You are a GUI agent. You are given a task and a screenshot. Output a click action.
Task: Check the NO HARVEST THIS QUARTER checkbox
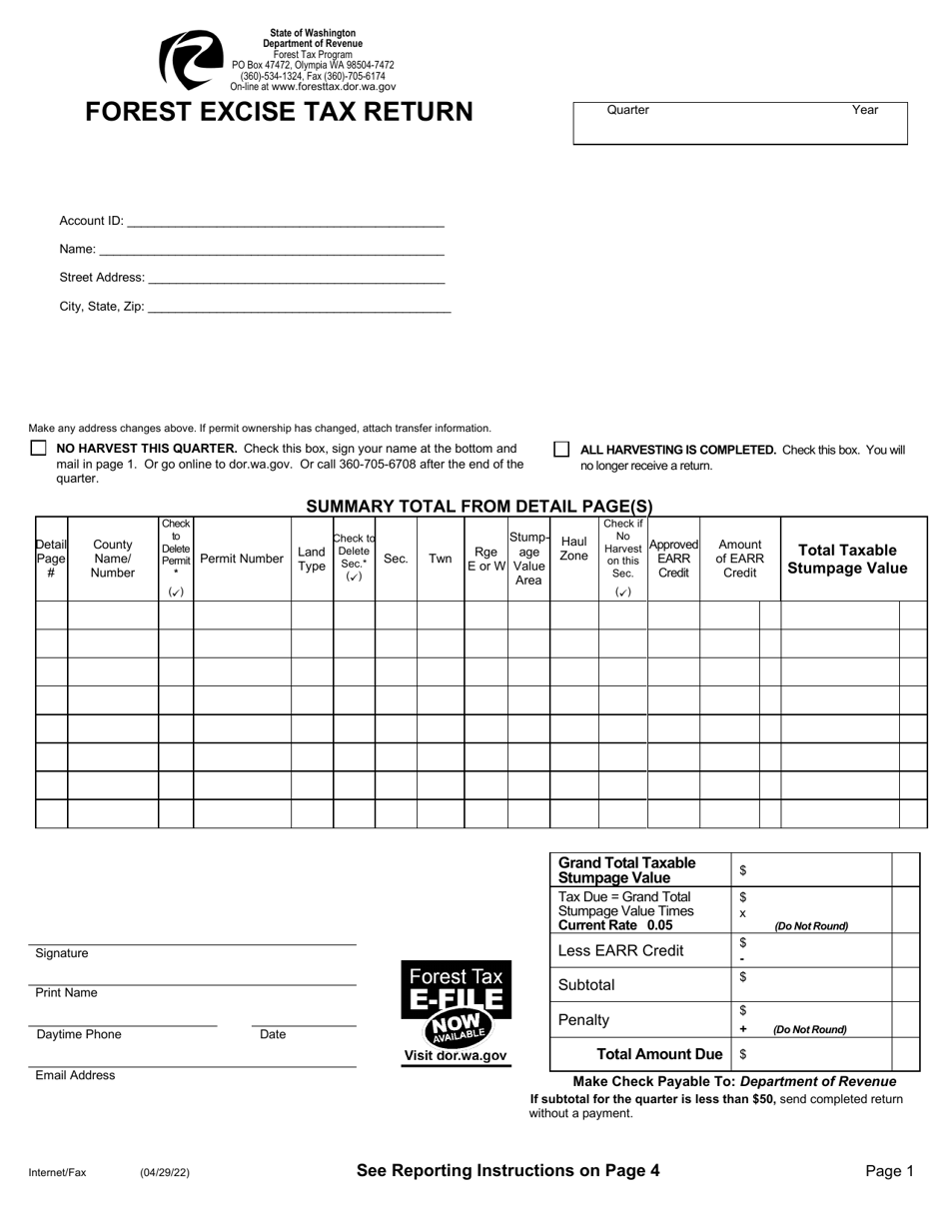[38, 449]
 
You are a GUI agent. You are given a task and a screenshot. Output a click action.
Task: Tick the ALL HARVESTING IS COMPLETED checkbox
[561, 450]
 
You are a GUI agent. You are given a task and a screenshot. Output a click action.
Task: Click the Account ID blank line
[285, 222]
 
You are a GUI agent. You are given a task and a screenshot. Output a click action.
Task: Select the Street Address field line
[295, 279]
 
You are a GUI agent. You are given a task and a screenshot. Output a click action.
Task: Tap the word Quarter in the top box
[627, 110]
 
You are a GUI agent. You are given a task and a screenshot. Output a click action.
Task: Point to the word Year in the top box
[865, 110]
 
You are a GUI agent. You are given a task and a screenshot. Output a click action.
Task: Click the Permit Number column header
[242, 559]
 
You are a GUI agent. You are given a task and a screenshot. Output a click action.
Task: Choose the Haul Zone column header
[573, 550]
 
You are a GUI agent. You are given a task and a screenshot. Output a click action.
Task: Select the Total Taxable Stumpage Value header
[847, 559]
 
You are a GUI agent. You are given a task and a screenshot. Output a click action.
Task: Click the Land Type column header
[312, 559]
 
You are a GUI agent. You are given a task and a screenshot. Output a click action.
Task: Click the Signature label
[62, 953]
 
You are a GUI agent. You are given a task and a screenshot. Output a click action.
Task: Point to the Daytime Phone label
[79, 1034]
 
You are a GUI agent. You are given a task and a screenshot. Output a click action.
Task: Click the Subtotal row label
[586, 985]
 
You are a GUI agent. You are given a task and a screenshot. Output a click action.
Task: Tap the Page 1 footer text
[889, 1171]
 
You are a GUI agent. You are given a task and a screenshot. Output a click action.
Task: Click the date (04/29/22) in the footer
[165, 1173]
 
